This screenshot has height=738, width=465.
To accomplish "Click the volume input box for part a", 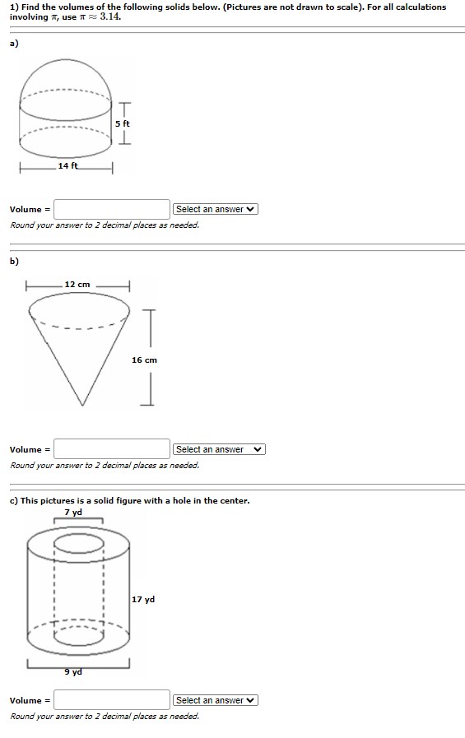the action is click(x=112, y=209).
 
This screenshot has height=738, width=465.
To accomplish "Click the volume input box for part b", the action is click(x=112, y=449).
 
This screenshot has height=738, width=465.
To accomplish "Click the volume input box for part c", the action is click(x=112, y=700).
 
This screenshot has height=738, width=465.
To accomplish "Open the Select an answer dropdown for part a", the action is click(x=216, y=209).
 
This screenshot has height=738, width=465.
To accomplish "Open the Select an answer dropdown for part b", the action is click(x=219, y=449).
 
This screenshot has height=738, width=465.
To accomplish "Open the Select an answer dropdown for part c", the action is click(x=216, y=700).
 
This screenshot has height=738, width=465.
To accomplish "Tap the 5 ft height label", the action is click(x=123, y=123).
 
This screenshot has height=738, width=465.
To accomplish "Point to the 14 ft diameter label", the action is click(x=68, y=166).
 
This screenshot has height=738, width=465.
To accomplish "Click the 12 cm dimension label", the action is click(x=77, y=284).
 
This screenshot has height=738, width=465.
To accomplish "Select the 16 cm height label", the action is click(x=144, y=360).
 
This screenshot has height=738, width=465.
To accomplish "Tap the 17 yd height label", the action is click(x=143, y=600).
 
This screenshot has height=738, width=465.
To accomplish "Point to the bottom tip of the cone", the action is click(x=81, y=404).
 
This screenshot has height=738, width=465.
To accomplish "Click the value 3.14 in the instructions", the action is click(x=111, y=17).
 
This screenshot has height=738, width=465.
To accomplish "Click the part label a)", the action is click(x=14, y=44).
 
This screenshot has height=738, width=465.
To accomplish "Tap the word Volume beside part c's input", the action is click(x=26, y=700).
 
